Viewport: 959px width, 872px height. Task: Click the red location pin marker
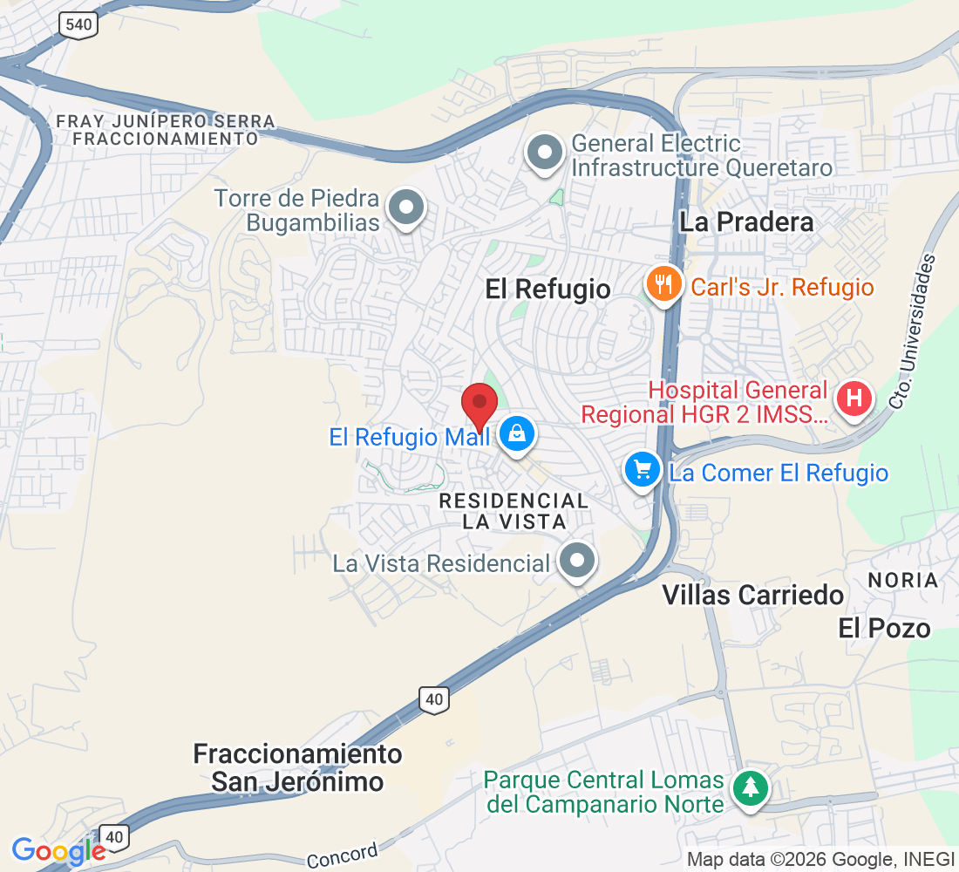coord(479,405)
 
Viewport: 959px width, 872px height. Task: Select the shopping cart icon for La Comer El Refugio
coord(643,471)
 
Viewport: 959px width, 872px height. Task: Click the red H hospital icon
coord(854,399)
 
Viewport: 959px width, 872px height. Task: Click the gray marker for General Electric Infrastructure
coord(546,153)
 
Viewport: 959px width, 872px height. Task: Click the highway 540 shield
coord(78,24)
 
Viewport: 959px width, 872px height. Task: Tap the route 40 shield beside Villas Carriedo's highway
coord(434,698)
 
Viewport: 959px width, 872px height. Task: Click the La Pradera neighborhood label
coord(746,221)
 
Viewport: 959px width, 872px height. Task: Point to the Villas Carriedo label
coord(752,595)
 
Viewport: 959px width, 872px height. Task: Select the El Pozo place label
coord(884,628)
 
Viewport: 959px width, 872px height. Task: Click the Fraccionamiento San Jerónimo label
coord(297,767)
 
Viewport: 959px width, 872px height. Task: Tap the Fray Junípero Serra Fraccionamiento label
coord(166,130)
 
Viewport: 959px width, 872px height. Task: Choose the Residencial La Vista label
coord(514,511)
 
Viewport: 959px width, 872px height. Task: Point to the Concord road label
coord(342,855)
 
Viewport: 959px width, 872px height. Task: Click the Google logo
coord(58,850)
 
